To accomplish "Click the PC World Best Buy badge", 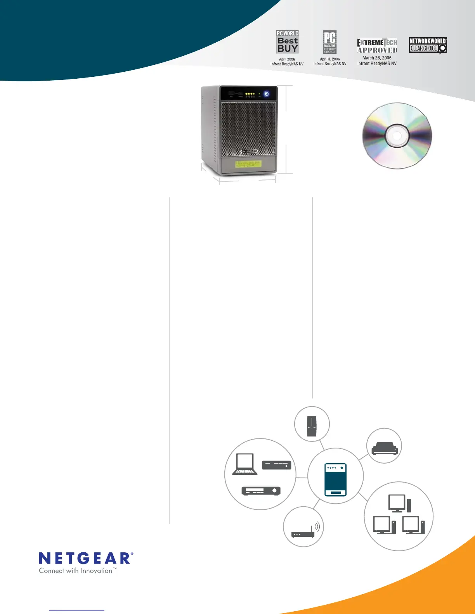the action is point(288,42).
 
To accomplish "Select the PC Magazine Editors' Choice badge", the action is point(329,42).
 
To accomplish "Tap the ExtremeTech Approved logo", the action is point(377,46).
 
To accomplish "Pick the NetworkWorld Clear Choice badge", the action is point(428,45).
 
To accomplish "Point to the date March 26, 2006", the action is point(377,58).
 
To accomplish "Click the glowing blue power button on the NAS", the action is point(267,94).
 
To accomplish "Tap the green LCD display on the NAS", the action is point(248,164).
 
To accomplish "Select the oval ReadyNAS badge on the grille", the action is point(249,152).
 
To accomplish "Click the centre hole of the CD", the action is point(397,136).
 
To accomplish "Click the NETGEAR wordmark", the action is point(86,559).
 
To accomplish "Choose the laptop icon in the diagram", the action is point(245,464).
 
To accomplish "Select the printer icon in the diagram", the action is point(385,448).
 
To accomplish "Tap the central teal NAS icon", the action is point(335,479).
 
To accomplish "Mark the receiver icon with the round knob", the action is point(261,491).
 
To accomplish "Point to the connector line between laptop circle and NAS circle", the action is point(302,477).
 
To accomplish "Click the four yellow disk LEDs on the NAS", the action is point(250,94).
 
